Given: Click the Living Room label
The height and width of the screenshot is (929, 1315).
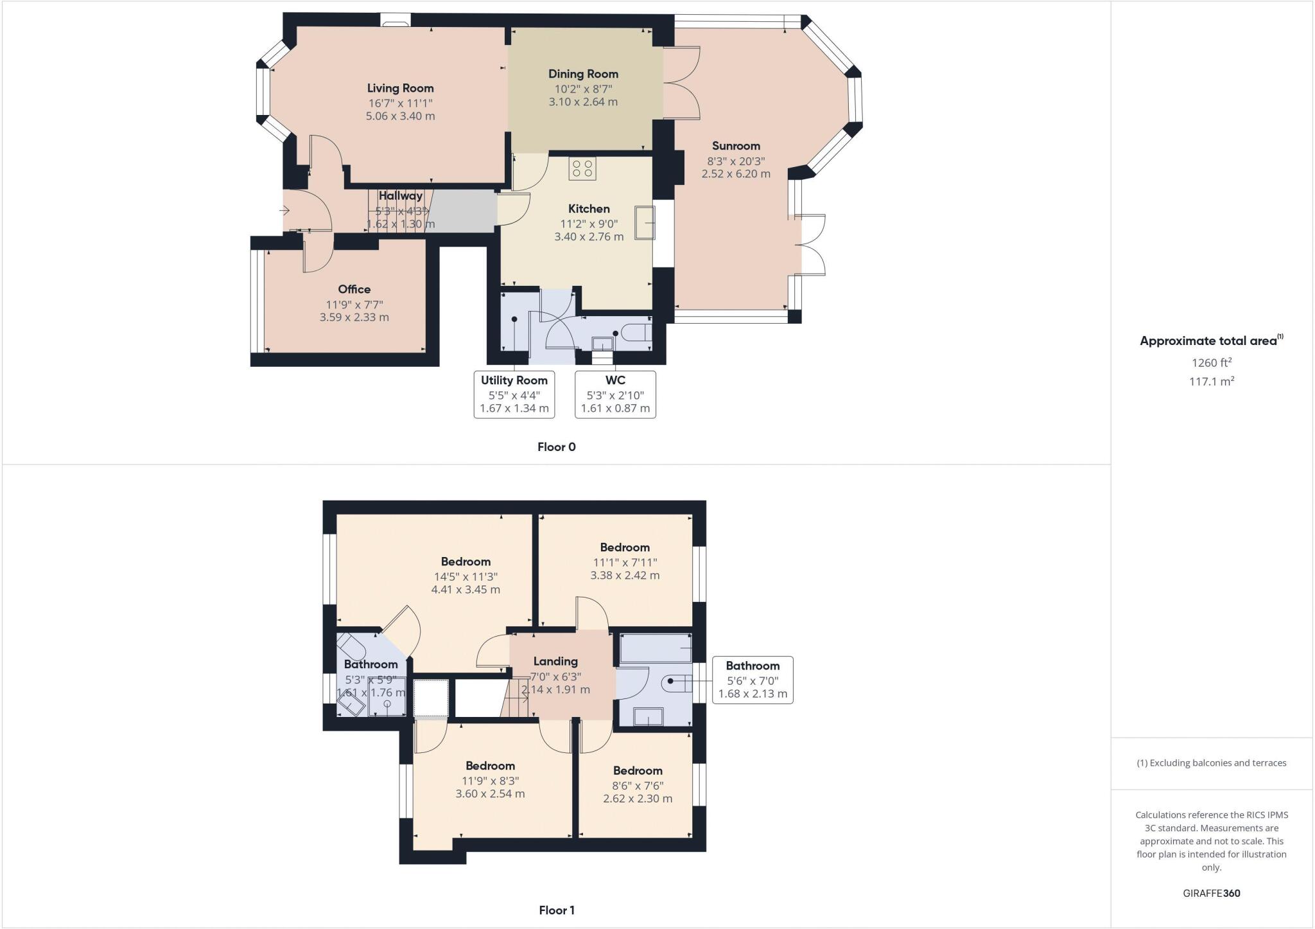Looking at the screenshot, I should (x=400, y=89).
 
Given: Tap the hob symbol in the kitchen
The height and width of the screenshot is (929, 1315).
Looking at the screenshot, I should (x=582, y=168).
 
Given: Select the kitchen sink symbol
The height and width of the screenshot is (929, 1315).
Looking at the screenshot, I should (x=645, y=222).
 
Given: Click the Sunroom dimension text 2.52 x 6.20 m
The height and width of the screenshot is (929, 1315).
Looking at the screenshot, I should (x=735, y=174).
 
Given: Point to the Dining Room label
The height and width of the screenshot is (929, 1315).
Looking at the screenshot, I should (x=583, y=74).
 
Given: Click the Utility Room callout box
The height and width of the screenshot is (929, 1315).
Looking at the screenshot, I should (x=514, y=394).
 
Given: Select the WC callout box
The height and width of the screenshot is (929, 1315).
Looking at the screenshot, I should (x=615, y=394).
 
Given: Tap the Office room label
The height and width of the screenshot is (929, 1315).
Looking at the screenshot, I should (x=354, y=289).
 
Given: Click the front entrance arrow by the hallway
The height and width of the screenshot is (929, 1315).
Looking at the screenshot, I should (x=284, y=210).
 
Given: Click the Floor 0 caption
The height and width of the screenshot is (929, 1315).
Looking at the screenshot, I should (x=556, y=447).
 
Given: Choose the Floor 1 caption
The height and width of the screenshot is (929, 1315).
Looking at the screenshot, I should (x=556, y=910).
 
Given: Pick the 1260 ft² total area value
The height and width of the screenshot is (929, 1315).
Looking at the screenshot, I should (x=1211, y=363).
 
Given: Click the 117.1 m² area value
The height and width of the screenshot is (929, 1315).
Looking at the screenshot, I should (x=1211, y=382).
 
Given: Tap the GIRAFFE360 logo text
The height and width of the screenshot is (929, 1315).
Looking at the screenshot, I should (x=1211, y=893).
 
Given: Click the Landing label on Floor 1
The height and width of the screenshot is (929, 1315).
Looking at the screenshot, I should (x=555, y=661).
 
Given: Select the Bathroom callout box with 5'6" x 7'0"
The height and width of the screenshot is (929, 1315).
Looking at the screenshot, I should (x=753, y=680).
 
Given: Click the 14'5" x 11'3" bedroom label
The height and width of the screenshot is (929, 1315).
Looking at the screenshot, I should (x=466, y=562).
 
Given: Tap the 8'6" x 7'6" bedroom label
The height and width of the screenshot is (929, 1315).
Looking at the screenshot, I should (x=637, y=771).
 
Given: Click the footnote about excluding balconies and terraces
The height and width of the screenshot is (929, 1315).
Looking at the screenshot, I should (x=1211, y=763).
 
